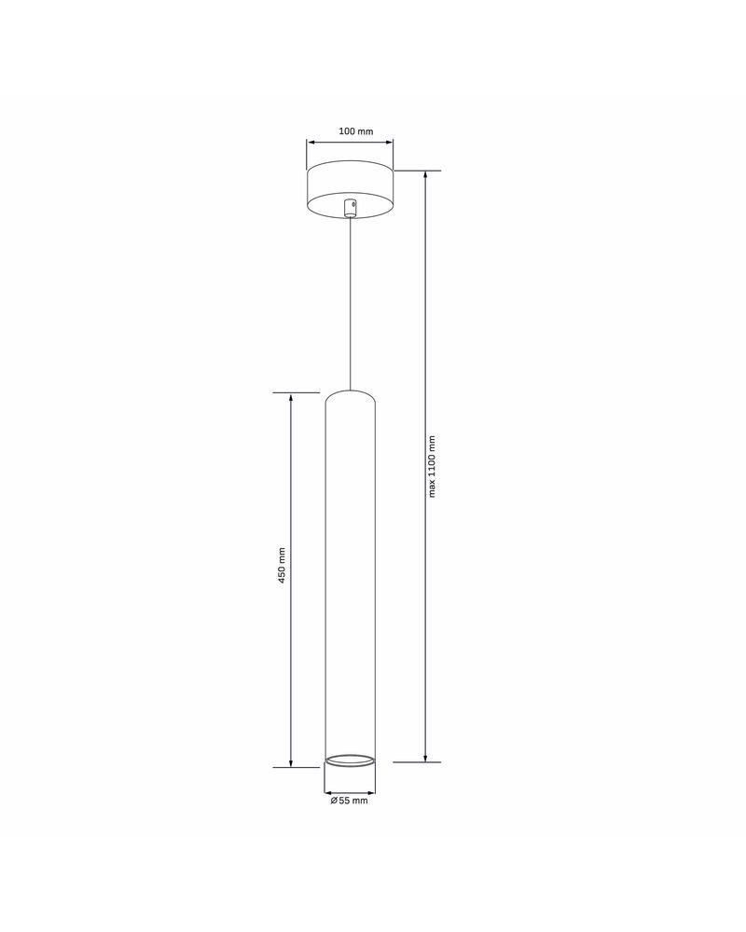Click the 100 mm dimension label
(351, 131)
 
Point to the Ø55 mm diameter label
(349, 800)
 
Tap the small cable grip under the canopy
(350, 208)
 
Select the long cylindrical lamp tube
(350, 578)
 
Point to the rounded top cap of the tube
(350, 395)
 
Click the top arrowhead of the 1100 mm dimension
(426, 175)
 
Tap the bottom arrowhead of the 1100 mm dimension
(426, 757)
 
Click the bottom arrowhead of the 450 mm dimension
(292, 762)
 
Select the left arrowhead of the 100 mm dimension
(311, 143)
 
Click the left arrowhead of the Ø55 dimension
(328, 788)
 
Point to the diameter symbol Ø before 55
(333, 800)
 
